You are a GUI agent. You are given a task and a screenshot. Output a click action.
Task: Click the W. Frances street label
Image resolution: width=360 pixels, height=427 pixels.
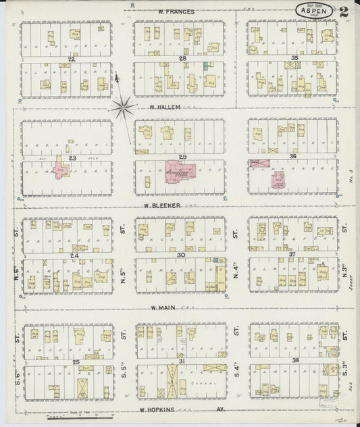[176, 11]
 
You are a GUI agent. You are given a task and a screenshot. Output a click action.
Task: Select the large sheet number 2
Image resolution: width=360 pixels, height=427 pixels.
[344, 11]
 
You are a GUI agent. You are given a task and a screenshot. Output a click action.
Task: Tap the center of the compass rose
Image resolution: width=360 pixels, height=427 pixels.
[123, 105]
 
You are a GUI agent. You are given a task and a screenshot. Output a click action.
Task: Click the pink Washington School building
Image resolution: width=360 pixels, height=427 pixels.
[179, 172]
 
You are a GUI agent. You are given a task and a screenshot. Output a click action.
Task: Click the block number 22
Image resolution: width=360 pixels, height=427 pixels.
[70, 59]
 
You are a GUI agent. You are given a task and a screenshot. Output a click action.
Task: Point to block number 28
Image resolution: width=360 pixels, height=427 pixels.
[182, 59]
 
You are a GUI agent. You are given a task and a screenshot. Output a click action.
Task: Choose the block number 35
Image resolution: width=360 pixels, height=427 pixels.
[294, 59]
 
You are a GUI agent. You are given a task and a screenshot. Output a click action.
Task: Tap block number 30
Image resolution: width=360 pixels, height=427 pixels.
[181, 255]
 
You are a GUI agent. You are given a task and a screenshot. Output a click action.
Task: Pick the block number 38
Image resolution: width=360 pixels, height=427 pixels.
[294, 363]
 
